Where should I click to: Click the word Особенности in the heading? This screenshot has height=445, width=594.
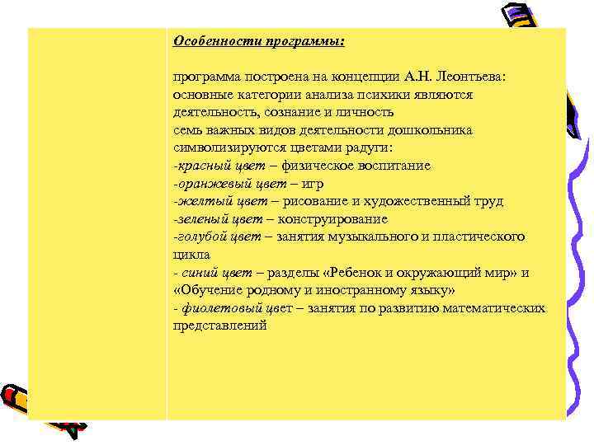pos(212,41)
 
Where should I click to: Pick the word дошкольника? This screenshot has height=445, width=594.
pos(430,130)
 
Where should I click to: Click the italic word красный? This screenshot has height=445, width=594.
pos(200,166)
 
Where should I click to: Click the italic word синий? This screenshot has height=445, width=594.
pos(201,273)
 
